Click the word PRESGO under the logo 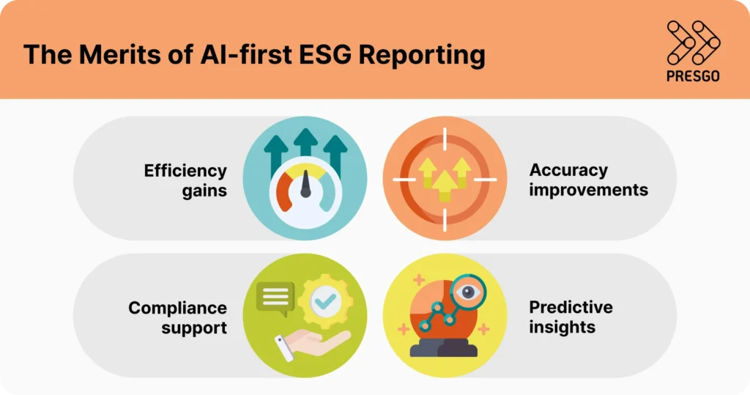coord(693,76)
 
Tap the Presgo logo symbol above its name coord(693,43)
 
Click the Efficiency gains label coord(185,180)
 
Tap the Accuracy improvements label coord(588,180)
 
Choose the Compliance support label coord(178,317)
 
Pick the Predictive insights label coord(571,317)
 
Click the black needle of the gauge coord(305,187)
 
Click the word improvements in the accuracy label coord(588,190)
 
